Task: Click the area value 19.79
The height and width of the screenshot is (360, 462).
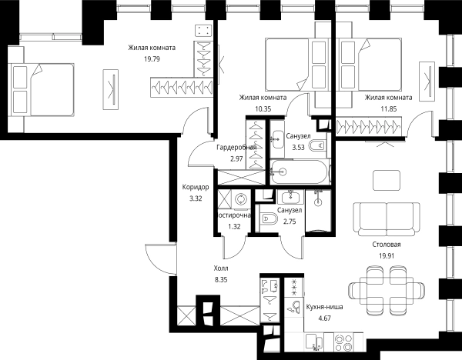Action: point(152,59)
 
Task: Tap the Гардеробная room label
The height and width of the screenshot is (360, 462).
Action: point(236,147)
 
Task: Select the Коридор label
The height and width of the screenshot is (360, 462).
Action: point(196,187)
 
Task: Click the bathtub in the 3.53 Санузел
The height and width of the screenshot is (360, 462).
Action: point(300,172)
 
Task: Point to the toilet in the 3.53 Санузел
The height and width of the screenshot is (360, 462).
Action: point(317,145)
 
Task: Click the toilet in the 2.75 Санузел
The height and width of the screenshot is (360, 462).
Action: point(269,219)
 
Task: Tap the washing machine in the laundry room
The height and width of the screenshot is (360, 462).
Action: point(241,199)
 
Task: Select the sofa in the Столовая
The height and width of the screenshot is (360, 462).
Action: point(387,218)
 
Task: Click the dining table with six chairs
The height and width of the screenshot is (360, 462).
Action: point(387,290)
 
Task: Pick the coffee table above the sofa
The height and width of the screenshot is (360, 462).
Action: point(387,181)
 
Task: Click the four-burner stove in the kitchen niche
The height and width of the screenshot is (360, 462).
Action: point(343,342)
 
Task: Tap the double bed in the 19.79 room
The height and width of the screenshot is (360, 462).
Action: point(42,89)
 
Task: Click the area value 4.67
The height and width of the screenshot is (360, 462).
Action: point(324,318)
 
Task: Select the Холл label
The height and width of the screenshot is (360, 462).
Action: point(221,268)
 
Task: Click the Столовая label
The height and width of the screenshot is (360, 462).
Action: point(387,245)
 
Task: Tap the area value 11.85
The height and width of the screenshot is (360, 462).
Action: point(388,109)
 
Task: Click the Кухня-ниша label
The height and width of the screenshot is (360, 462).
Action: point(324,307)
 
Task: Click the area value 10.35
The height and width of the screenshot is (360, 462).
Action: point(263,109)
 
